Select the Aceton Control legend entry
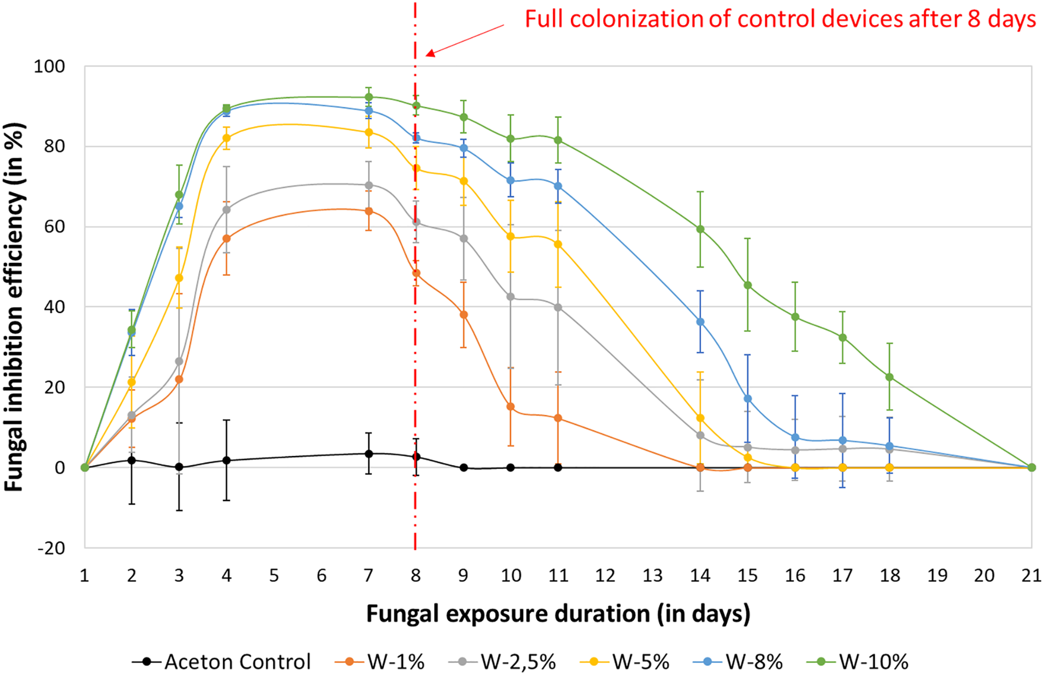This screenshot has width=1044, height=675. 222,662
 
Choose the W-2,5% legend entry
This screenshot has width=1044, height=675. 503,662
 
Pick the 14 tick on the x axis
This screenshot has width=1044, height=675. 700,576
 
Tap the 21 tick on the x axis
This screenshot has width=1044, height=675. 1031,576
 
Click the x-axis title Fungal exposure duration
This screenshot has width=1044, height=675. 558,613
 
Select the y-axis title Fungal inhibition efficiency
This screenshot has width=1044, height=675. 14,307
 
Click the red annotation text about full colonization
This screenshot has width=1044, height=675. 780,20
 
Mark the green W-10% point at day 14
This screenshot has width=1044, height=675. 700,229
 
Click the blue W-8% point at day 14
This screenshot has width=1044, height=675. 700,322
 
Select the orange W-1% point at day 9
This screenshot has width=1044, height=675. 463,314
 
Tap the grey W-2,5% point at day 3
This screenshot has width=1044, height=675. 179,361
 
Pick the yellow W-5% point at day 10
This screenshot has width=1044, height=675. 510,236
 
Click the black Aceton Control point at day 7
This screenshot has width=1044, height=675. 369,453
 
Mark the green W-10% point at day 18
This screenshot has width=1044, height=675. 889,377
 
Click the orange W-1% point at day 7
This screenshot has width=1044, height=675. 369,211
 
